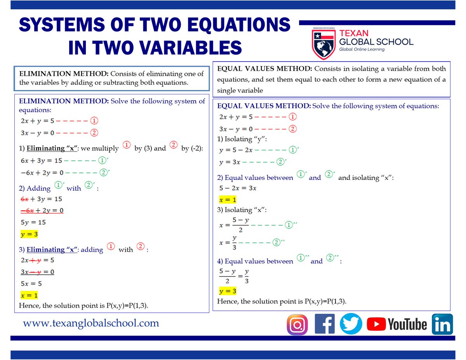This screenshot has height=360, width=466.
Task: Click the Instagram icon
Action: pos(297,324)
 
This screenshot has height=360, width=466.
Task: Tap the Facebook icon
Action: pos(325,324)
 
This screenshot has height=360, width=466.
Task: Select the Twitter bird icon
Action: pos(351,324)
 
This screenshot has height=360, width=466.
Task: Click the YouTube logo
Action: pos(396,324)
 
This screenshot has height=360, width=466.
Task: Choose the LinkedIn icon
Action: pos(442,324)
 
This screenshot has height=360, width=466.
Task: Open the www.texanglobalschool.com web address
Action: pos(91,323)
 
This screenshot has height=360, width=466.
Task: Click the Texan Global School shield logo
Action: pos(323,43)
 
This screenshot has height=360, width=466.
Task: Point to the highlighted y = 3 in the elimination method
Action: pos(29,234)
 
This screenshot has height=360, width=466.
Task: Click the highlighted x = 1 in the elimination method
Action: pos(29,295)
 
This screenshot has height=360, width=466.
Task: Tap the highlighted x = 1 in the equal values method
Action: pos(228,200)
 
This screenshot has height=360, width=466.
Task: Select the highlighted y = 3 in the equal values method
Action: pos(228,291)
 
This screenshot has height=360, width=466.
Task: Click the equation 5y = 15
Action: pos(33,223)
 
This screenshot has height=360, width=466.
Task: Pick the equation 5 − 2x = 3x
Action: pos(238,188)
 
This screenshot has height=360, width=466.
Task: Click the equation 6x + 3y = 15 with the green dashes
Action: pos(41,160)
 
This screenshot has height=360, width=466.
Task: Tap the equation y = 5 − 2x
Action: pos(235,150)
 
